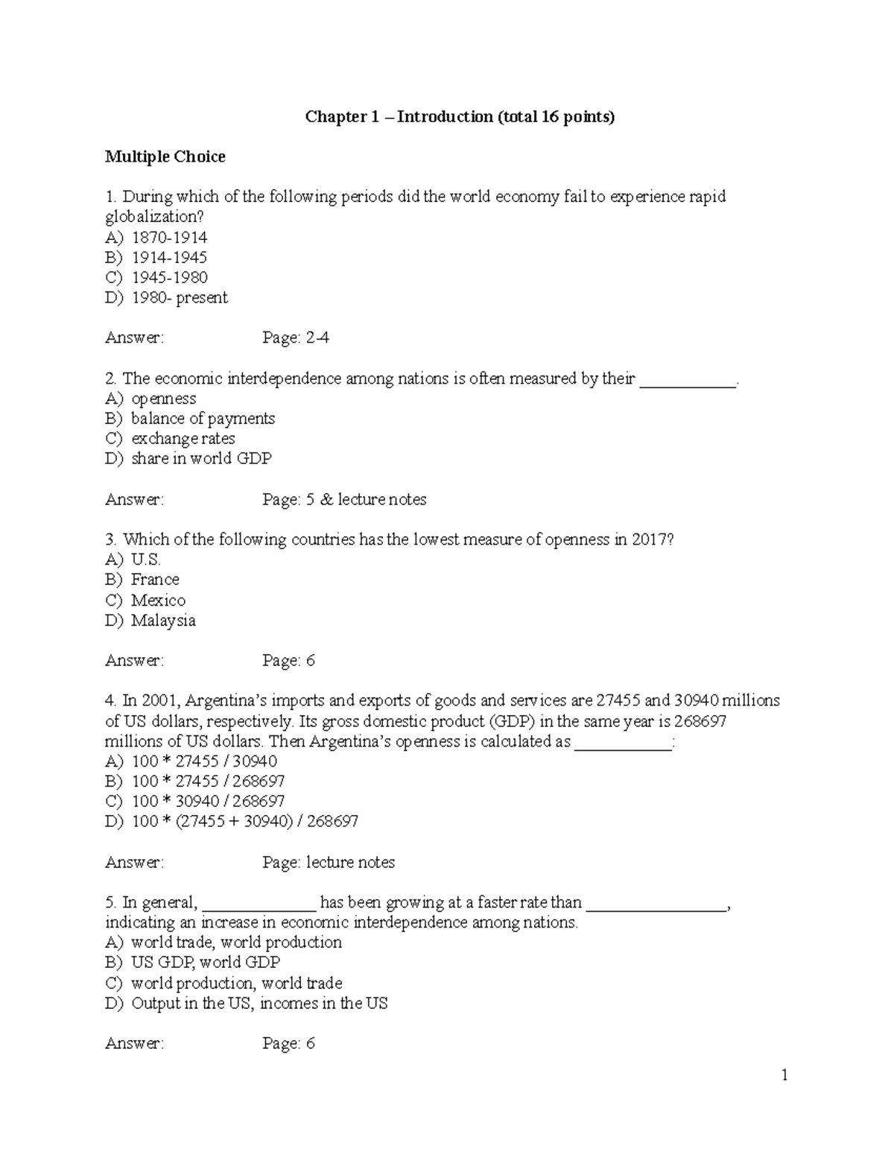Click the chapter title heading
coord(460,117)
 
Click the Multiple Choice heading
coord(165,156)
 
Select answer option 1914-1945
coord(169,258)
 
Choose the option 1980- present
coord(179,298)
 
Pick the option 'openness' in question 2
coord(163,399)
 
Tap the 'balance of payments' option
coord(203,419)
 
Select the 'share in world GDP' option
coord(201,459)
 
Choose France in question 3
coord(155,580)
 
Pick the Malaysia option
coord(163,621)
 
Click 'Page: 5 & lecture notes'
coord(344,500)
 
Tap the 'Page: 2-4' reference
coord(296,338)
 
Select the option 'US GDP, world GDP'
coord(206,963)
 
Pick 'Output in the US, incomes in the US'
coord(259,1004)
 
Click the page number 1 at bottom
coord(784,1075)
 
